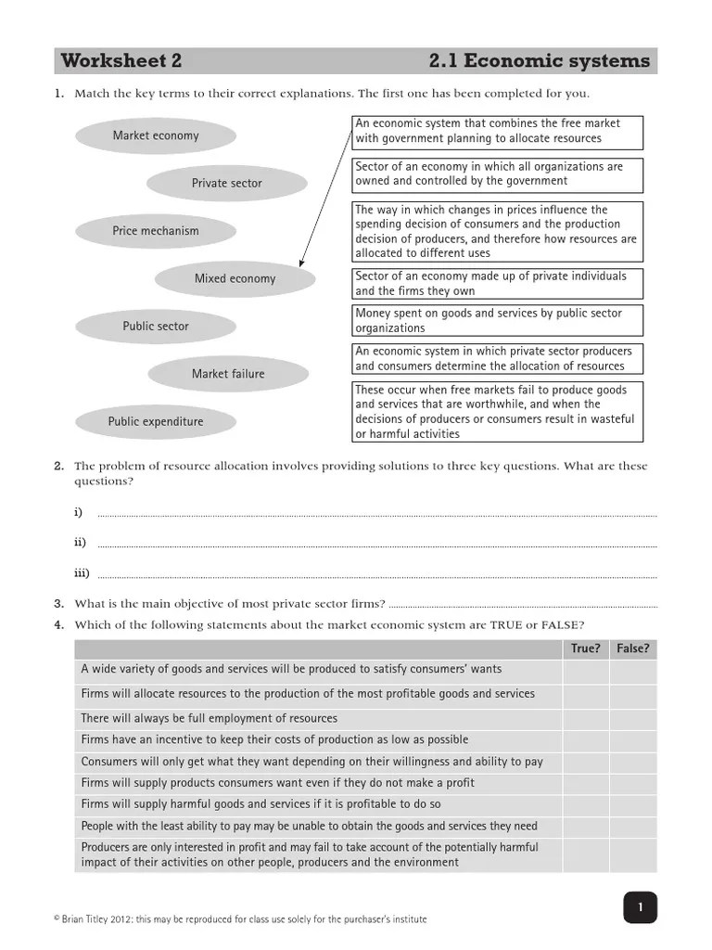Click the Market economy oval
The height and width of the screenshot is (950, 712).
(155, 136)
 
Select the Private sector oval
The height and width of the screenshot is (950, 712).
(226, 184)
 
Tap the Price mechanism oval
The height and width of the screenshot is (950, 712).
(155, 231)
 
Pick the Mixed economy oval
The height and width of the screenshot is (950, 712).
(235, 278)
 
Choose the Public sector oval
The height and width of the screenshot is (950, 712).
(155, 327)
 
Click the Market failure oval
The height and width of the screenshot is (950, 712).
(227, 374)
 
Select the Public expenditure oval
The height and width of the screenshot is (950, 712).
(155, 422)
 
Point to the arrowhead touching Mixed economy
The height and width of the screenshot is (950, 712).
(301, 263)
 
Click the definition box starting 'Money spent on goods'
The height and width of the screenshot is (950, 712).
(498, 321)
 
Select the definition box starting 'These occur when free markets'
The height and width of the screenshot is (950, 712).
(498, 412)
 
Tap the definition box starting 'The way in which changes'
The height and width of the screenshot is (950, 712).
(498, 232)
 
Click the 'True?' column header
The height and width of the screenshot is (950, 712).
(585, 648)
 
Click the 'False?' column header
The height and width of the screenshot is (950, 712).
(633, 648)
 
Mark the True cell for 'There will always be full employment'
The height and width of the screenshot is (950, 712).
(585, 718)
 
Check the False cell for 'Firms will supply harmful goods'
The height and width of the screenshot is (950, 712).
(633, 804)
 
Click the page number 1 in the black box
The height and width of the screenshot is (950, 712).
(639, 907)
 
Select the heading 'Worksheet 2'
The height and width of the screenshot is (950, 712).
(121, 61)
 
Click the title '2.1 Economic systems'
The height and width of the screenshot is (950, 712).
(539, 61)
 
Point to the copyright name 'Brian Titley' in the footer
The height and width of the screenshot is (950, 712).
(92, 919)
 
